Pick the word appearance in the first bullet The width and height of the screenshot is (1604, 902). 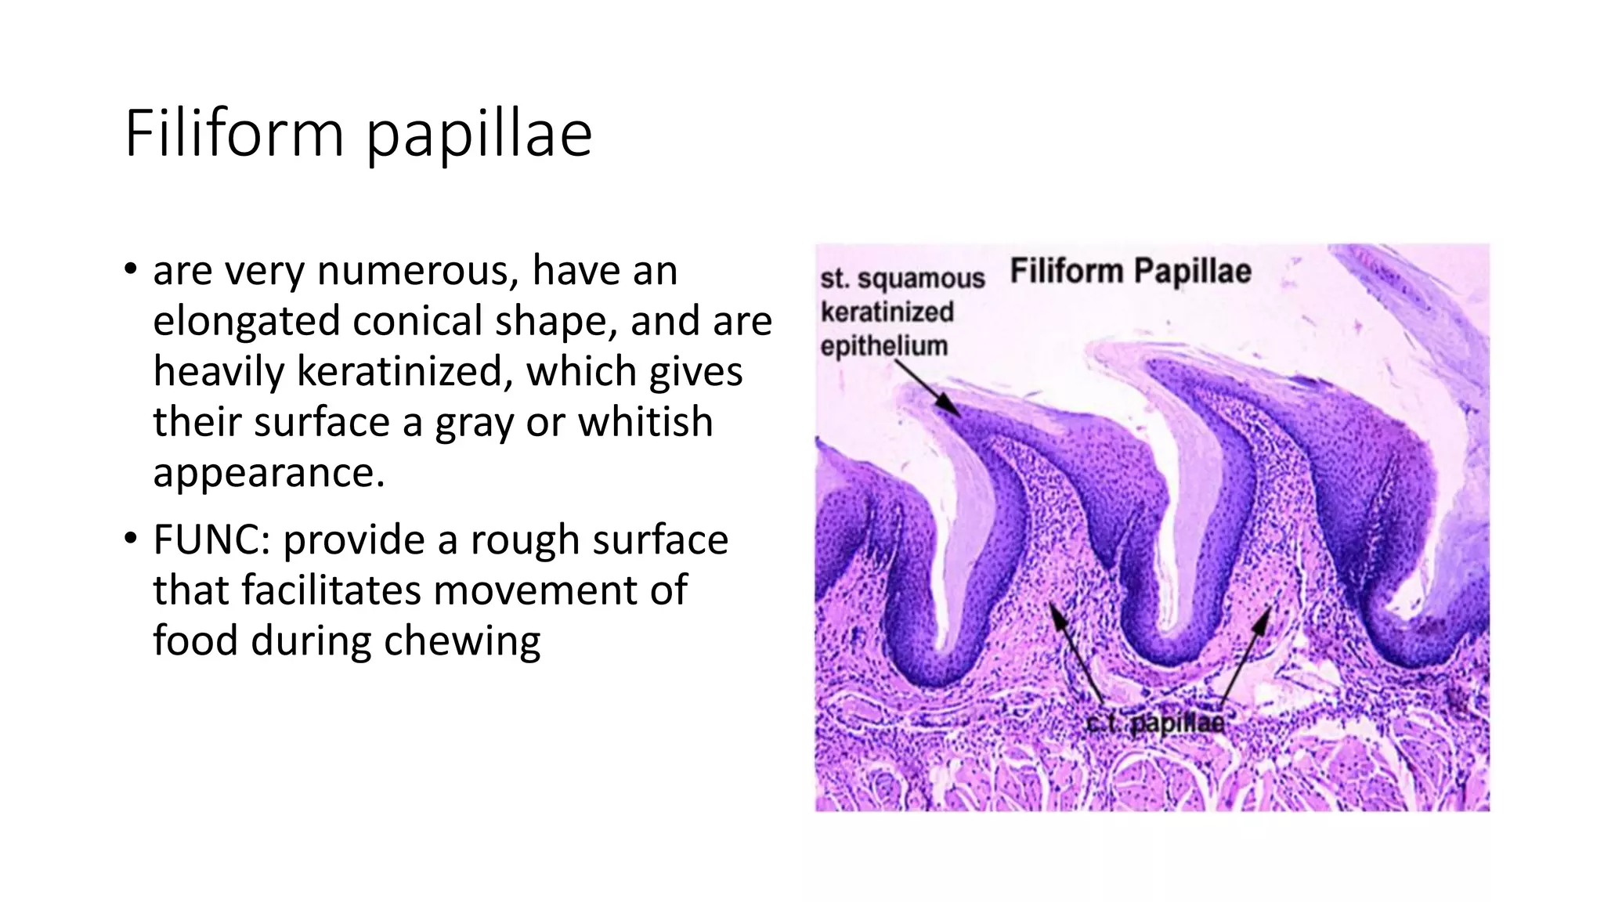pyautogui.click(x=269, y=473)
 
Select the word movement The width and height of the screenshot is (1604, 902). pyautogui.click(x=501, y=590)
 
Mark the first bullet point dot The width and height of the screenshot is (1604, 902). pyautogui.click(x=130, y=271)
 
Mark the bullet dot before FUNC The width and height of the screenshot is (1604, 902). pyautogui.click(x=130, y=539)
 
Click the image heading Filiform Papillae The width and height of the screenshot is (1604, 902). pyautogui.click(x=1130, y=272)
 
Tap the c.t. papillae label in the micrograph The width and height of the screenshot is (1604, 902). pyautogui.click(x=1156, y=722)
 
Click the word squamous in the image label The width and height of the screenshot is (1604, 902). pyautogui.click(x=921, y=279)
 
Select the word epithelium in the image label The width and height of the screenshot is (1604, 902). pyautogui.click(x=883, y=345)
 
